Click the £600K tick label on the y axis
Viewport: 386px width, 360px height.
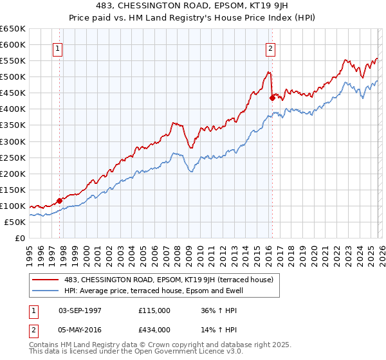(13, 45)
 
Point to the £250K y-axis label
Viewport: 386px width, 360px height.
(13, 157)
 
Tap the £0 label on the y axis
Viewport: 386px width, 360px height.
(21, 238)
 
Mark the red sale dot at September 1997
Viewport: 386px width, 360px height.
(60, 201)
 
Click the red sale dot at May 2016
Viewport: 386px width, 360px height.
(272, 98)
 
